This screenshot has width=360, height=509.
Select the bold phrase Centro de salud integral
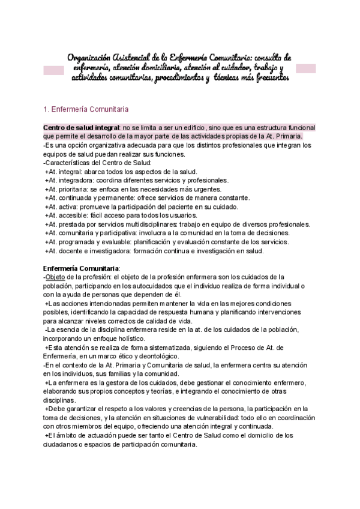pos(82,128)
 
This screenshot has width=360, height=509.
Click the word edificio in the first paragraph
pos(187,128)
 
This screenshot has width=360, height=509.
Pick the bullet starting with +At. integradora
pos(137,180)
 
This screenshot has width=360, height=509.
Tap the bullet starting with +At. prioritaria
pos(143,188)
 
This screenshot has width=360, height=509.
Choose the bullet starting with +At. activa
pos(143,206)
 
